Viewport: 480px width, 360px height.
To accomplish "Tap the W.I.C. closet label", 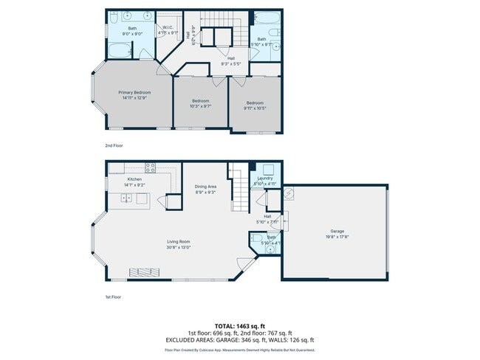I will (168, 29).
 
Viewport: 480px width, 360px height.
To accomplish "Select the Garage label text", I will (337, 230).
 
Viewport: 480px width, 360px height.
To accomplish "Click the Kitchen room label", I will (134, 179).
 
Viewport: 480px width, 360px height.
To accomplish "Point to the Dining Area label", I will (205, 187).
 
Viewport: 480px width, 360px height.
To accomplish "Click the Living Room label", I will (179, 241).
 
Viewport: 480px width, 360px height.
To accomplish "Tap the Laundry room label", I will (266, 179).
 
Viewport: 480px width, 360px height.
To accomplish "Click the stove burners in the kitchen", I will (150, 167).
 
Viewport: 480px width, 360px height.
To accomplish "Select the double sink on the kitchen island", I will (127, 198).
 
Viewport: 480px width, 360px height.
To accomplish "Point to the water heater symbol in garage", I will (289, 193).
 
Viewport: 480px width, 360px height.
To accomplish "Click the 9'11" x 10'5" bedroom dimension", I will (256, 105).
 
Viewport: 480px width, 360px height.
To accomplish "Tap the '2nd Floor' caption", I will (114, 145).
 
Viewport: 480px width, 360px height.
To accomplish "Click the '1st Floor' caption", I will (113, 297).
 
